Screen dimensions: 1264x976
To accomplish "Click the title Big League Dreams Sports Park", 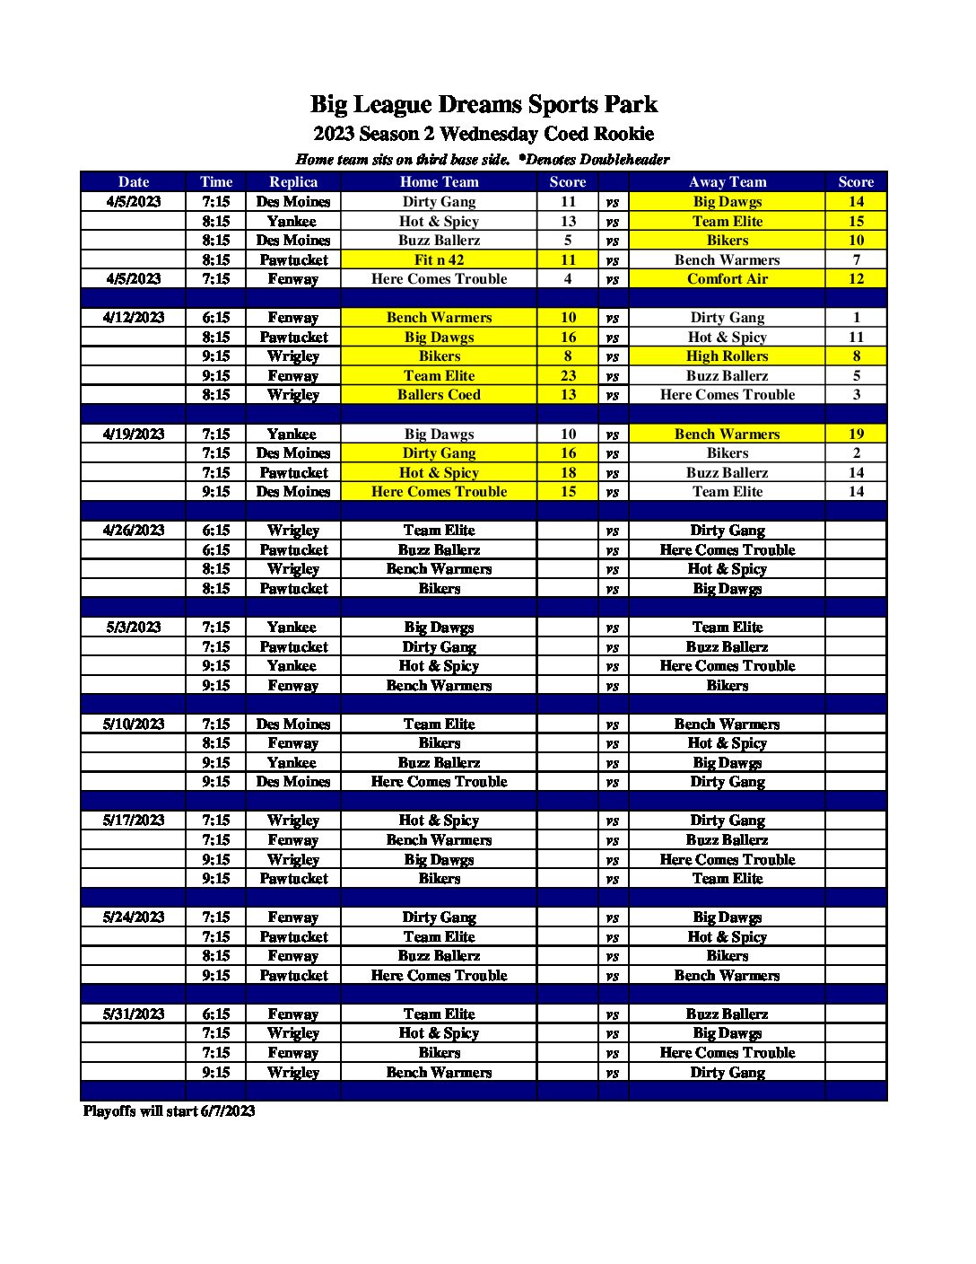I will pos(484,105).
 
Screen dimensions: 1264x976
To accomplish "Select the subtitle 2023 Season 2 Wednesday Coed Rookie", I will pos(484,135).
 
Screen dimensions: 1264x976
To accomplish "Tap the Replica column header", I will pos(293,181).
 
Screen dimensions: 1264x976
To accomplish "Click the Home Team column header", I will pos(439,181).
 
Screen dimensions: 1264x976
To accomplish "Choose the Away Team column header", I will pos(727,181).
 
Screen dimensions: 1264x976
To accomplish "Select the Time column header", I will pos(216,181).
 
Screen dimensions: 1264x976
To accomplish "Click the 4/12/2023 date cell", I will pos(134,318).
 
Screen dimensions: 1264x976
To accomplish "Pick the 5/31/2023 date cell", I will pos(134,1014).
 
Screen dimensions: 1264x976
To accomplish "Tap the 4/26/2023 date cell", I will pos(134,531).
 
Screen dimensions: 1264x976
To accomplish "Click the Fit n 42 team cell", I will pos(439,260).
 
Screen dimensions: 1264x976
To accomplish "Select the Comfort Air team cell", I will pos(727,279).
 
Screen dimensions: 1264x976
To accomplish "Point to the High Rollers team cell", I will pos(727,356).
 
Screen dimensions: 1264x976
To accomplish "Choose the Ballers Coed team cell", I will pos(439,395).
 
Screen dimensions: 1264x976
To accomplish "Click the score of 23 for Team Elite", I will pos(568,376).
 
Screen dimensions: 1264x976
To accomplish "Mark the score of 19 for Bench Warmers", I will pos(856,434).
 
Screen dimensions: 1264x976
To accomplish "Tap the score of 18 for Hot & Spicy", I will pos(568,473).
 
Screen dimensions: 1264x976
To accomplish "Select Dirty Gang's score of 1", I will pos(856,318).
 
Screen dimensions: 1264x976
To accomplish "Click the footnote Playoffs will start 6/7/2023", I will pos(169,1111).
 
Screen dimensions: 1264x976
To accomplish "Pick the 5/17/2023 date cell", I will pos(134,821).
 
